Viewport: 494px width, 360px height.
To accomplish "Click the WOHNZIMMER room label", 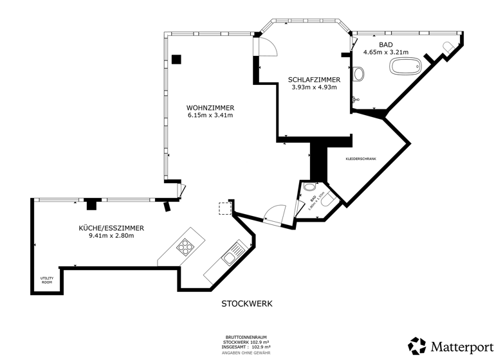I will point(210,107).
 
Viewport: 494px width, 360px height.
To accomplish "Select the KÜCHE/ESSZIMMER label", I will point(111,228).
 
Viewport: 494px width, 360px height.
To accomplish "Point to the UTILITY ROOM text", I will point(47,280).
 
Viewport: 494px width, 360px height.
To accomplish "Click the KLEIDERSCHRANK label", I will point(361,158).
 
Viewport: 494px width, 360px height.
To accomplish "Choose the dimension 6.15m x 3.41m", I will point(210,116).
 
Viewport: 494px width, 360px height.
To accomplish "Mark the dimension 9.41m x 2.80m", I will point(111,236).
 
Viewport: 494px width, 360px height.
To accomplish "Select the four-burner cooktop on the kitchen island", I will point(186,246).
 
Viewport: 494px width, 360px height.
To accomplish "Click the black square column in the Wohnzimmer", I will point(176,59).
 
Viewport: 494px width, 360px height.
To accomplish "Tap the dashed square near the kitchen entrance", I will point(225,209).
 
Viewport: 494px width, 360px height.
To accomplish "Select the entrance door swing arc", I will point(276,214).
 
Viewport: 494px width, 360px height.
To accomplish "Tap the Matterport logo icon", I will point(417,345).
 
